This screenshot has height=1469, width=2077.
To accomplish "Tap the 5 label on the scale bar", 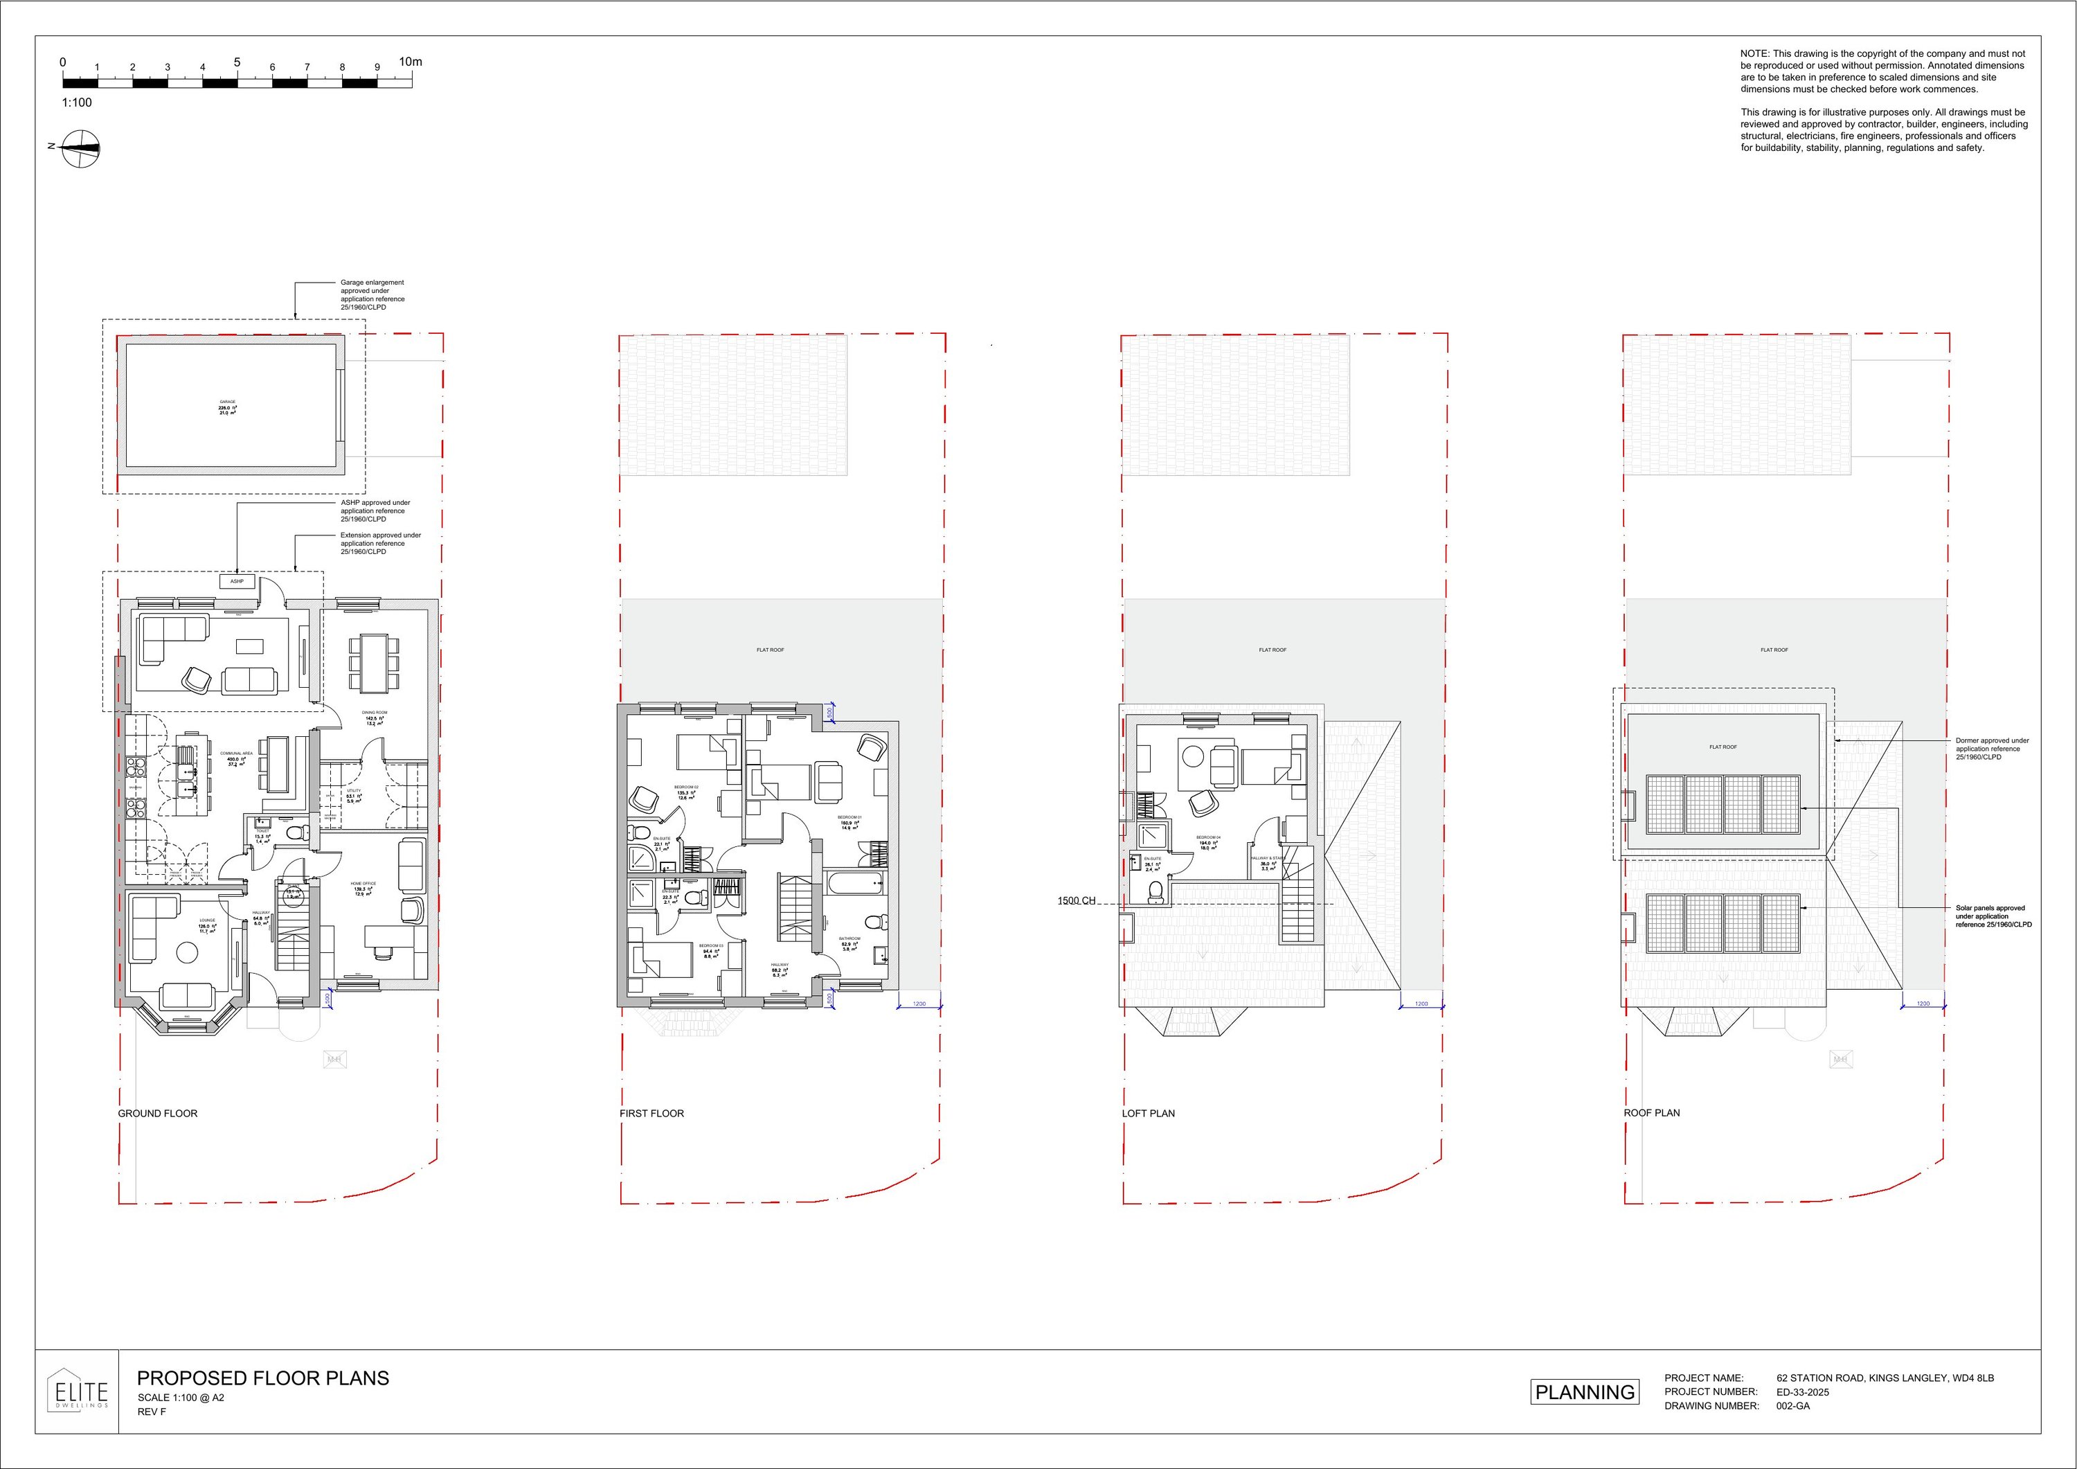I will point(237,62).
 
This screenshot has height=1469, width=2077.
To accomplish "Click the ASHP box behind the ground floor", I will point(237,581).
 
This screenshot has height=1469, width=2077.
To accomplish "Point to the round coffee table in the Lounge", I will point(187,952).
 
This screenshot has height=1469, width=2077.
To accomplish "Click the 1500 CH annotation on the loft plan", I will point(1077,900).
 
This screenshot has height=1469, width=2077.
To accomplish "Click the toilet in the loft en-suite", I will point(1156,893).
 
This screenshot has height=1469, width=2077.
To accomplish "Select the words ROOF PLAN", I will point(1651,1113).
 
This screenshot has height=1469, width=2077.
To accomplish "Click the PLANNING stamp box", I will point(1584,1392).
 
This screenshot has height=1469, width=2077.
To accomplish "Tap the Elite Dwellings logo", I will point(77,1391).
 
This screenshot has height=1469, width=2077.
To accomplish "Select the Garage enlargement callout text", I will point(372,295).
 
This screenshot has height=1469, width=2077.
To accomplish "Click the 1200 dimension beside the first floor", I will point(919,1004).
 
